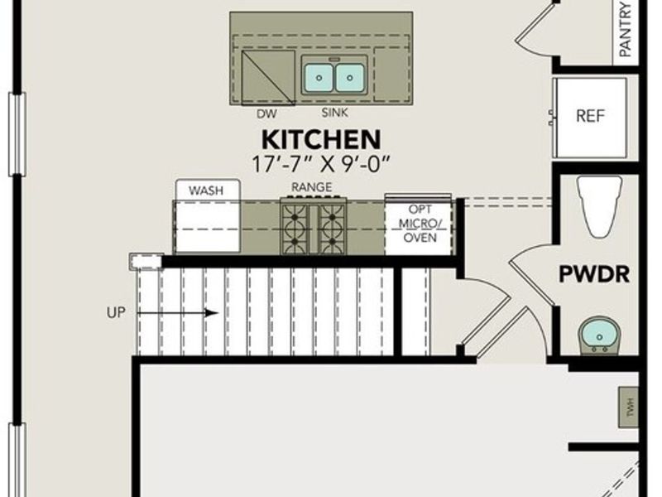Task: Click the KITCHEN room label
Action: [x=321, y=139]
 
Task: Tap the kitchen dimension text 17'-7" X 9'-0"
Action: [x=321, y=163]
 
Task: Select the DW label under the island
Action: [x=266, y=113]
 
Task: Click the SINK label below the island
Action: [x=334, y=113]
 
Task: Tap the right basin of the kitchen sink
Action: [x=350, y=78]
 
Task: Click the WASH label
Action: [x=206, y=191]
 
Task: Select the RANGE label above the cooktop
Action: [x=312, y=188]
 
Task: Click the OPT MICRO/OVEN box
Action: [x=419, y=224]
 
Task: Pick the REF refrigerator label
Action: [x=591, y=115]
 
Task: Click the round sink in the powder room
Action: [x=597, y=334]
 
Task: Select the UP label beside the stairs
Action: [x=117, y=313]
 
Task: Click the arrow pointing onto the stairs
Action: [x=177, y=313]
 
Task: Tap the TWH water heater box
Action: [x=628, y=407]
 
